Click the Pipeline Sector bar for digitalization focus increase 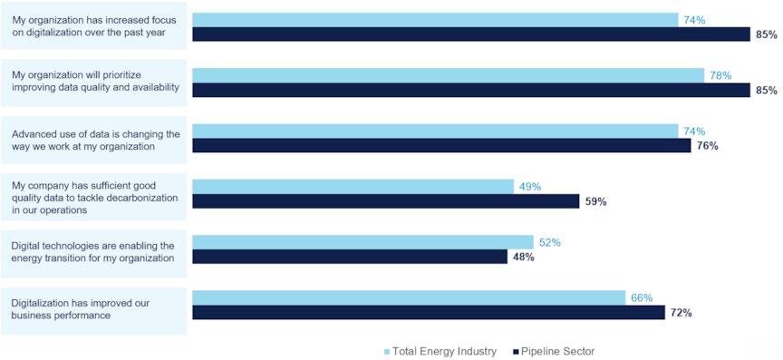pos(471,34)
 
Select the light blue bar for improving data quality pos(448,75)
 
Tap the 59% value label pos(595,201)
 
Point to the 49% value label pos(529,187)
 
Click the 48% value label pos(523,257)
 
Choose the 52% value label pos(549,242)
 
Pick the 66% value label pos(641,297)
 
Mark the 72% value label pos(681,313)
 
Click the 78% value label pos(720,75)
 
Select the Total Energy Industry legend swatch pos(386,351)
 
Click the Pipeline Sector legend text pos(557,351)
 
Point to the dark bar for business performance pos(430,313)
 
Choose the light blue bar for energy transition pos(362,242)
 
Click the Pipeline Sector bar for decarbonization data pos(385,201)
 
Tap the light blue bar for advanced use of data pos(435,131)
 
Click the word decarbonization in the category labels pos(135,197)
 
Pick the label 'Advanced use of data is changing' pos(95,134)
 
